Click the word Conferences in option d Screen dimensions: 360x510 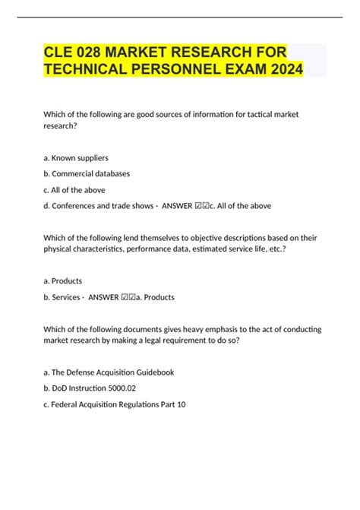click(x=81, y=205)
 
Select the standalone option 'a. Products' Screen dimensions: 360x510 click(x=68, y=280)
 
